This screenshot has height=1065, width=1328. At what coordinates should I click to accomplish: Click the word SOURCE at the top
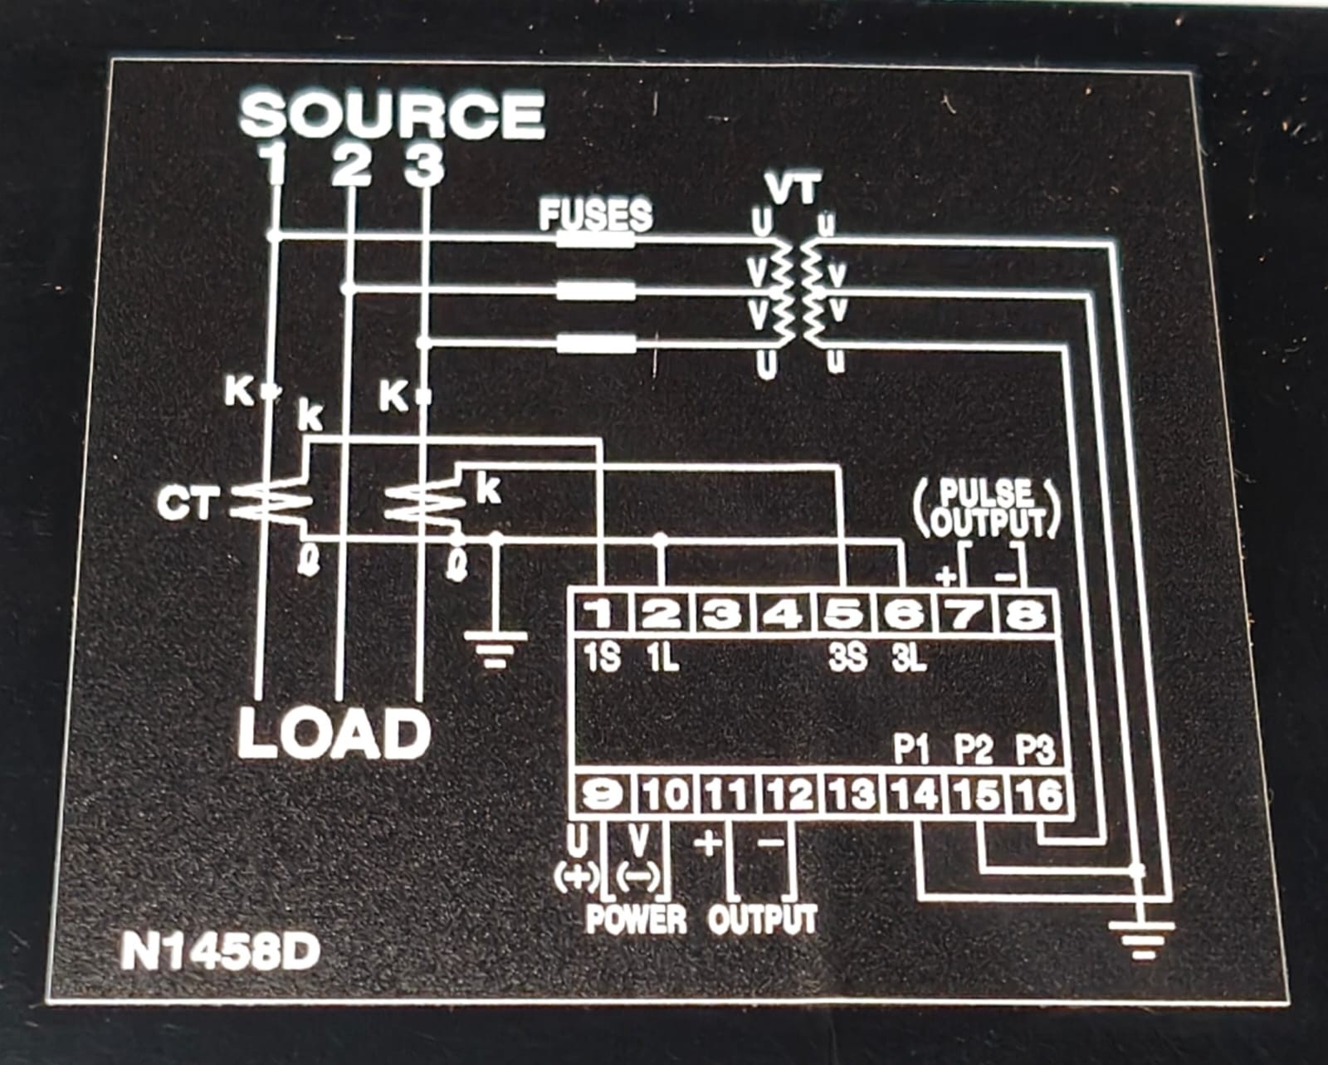click(x=393, y=115)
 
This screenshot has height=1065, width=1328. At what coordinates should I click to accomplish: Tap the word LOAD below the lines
click(x=334, y=734)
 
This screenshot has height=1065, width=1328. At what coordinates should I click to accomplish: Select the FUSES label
click(x=595, y=214)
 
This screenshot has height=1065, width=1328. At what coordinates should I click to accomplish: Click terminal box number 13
click(x=854, y=794)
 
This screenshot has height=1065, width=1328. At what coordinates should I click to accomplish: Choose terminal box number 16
click(x=1039, y=794)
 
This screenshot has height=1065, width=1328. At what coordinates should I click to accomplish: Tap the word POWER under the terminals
click(x=636, y=919)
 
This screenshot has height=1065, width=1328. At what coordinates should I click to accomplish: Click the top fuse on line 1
click(x=595, y=239)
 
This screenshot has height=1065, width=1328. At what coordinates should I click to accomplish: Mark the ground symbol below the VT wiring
click(x=1141, y=941)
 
